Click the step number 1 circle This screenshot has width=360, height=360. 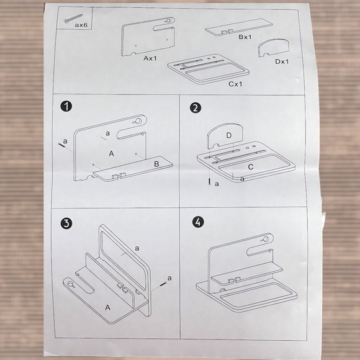click(x=66, y=107)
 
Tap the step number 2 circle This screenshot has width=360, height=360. click(x=196, y=108)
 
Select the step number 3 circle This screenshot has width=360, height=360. click(x=66, y=223)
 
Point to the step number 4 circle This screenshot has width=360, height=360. click(x=198, y=222)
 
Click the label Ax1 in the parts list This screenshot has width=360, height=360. click(x=150, y=58)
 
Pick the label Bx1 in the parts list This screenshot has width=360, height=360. click(x=245, y=37)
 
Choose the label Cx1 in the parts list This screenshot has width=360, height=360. click(x=235, y=84)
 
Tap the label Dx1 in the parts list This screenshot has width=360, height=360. click(x=282, y=61)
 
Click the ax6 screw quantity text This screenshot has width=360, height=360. click(x=81, y=25)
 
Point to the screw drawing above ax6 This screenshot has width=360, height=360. click(x=73, y=19)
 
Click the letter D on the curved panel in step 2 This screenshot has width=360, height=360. click(x=228, y=135)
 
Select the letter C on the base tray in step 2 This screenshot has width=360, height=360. click(x=251, y=167)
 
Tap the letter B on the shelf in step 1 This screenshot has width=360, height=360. click(x=156, y=164)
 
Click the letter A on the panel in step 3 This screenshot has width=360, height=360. click(x=107, y=307)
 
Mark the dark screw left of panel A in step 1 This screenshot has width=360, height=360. click(x=61, y=145)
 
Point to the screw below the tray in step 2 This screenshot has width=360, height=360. click(x=209, y=181)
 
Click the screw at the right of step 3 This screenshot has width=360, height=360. click(x=163, y=284)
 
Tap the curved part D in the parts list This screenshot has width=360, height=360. click(x=274, y=47)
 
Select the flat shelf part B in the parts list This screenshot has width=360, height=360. click(x=239, y=27)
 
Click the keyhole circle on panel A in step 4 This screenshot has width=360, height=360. click(x=266, y=239)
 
